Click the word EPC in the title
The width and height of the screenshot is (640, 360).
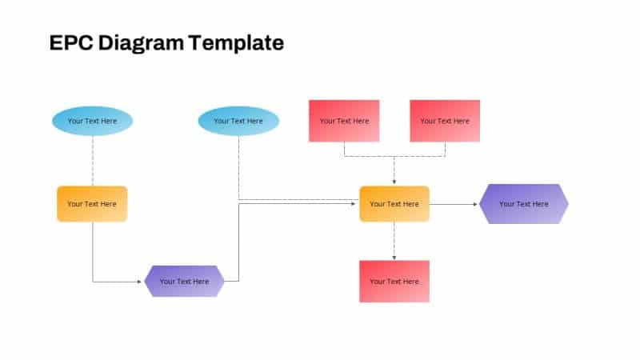[70, 43]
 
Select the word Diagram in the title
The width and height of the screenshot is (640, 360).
[141, 43]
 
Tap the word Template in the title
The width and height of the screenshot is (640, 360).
[235, 43]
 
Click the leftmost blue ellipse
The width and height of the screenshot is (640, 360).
[92, 121]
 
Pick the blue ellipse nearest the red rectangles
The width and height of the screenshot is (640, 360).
[238, 121]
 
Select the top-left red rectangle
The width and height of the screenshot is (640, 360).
[344, 121]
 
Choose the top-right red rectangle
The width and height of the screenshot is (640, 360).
[445, 121]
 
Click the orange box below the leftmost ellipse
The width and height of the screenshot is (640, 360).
[92, 204]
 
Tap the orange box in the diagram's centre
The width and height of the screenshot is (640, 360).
[394, 204]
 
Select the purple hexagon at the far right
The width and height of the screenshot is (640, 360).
[524, 204]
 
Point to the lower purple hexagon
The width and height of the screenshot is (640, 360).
[184, 282]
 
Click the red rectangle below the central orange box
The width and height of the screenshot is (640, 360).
[394, 282]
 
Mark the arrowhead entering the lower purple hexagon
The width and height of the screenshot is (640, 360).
[142, 282]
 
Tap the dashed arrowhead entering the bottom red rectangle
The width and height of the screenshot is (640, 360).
[394, 257]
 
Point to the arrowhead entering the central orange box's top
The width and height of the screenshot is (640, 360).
[394, 182]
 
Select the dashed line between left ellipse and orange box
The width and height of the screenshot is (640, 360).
[92, 160]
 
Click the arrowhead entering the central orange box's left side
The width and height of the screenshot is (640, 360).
[355, 204]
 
